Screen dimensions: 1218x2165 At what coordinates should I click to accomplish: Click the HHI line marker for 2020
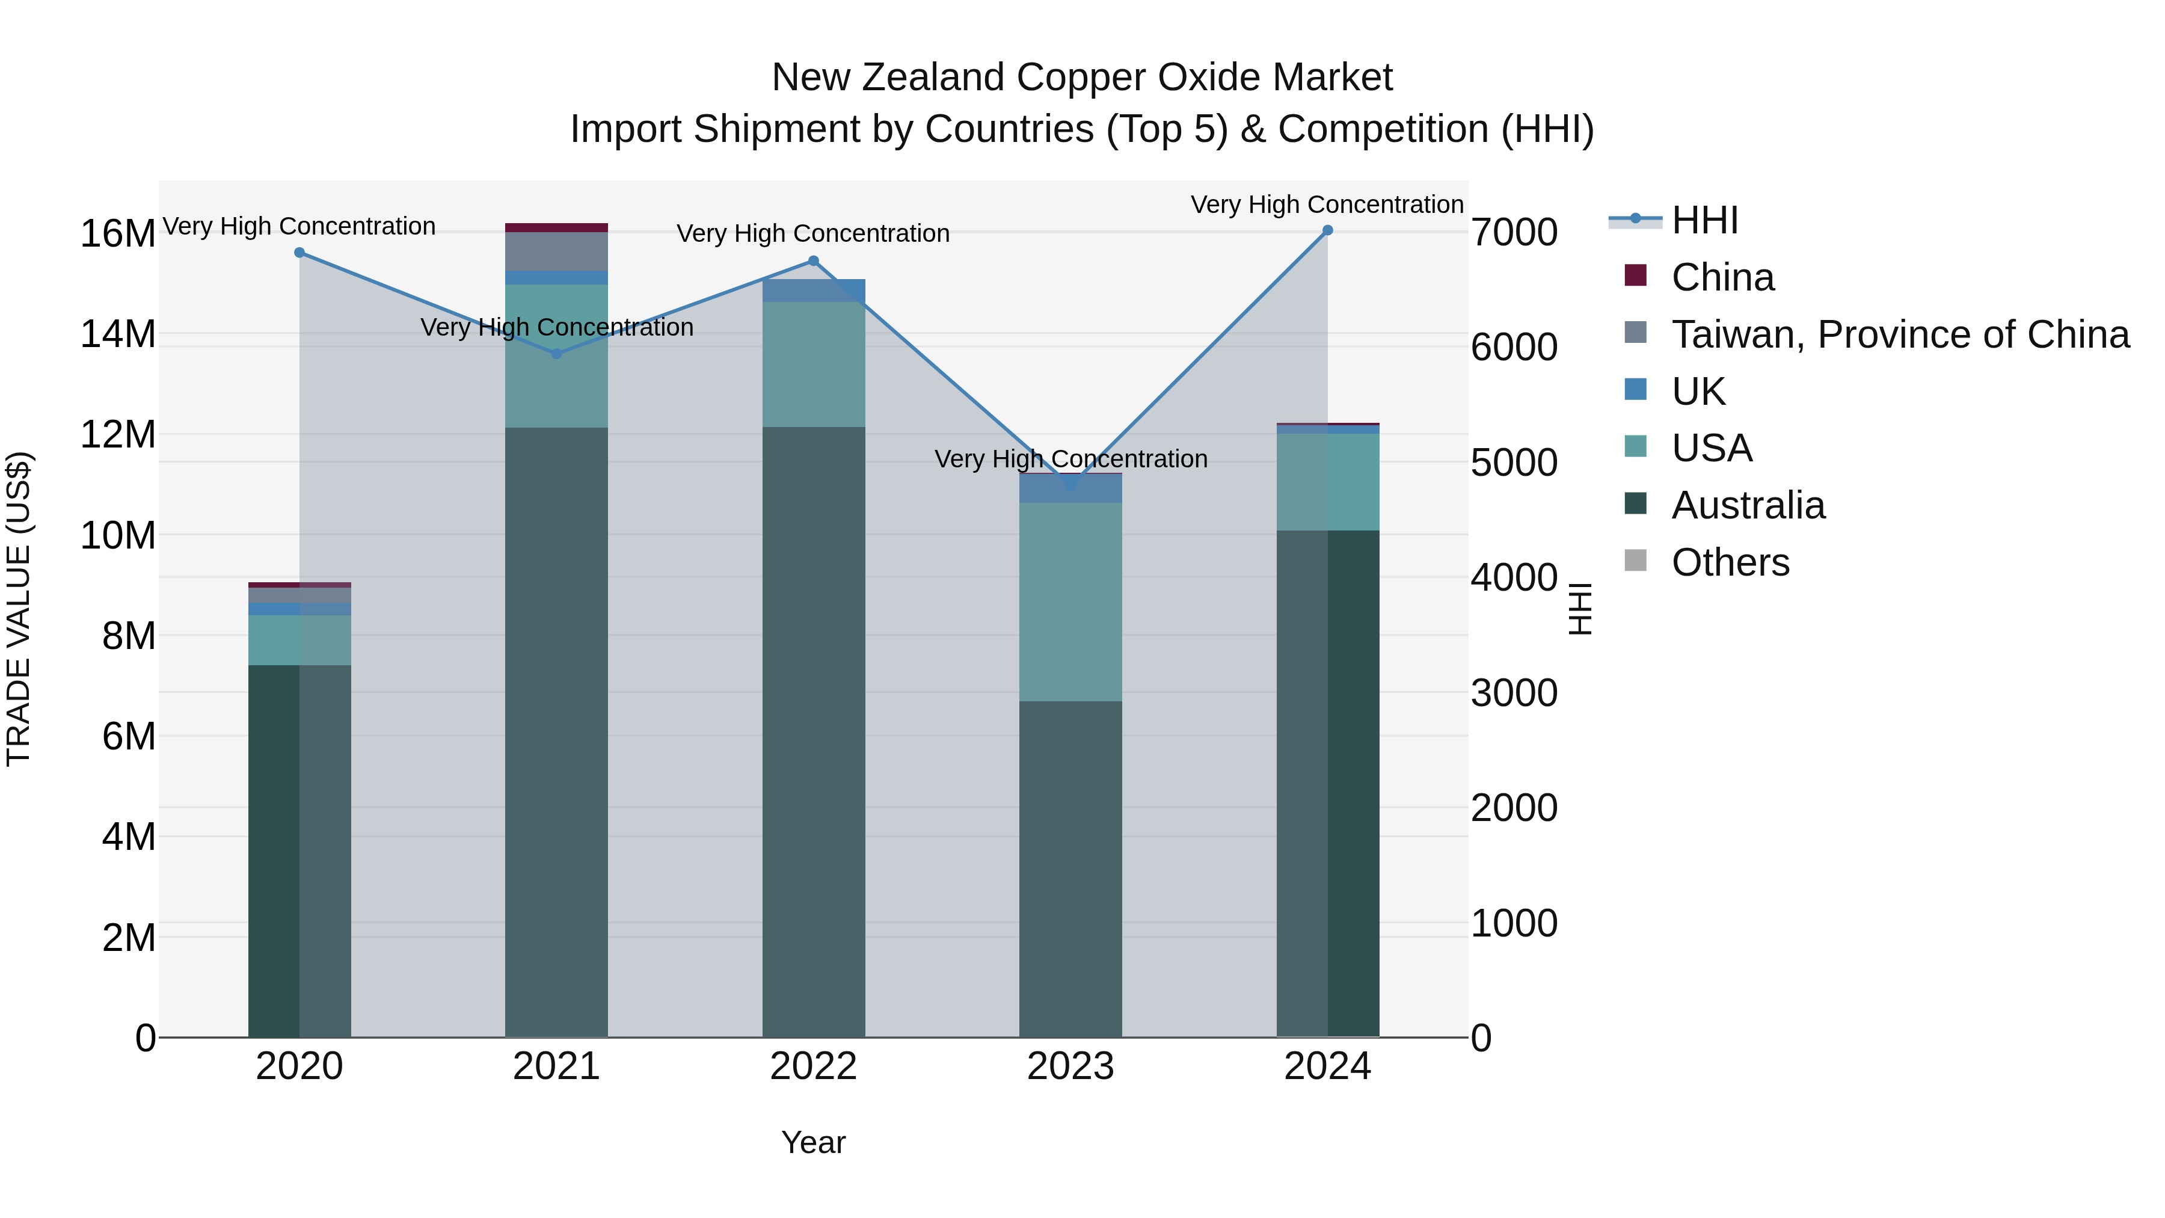click(x=299, y=252)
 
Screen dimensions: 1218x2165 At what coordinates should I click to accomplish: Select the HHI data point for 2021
click(x=556, y=354)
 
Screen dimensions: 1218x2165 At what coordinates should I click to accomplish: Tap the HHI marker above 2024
click(x=1327, y=230)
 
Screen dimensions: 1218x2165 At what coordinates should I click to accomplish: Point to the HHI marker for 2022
click(x=814, y=260)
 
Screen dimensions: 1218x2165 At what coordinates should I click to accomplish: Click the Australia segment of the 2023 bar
click(x=1070, y=866)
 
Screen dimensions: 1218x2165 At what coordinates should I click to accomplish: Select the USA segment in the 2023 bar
click(x=1070, y=601)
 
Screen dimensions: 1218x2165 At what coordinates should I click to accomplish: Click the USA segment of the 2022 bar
click(x=814, y=364)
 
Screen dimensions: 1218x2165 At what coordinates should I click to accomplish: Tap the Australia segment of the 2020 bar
click(x=299, y=849)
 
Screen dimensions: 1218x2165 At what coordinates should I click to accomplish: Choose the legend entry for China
click(x=1722, y=277)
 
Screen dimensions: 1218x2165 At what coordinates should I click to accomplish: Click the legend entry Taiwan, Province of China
click(x=1899, y=334)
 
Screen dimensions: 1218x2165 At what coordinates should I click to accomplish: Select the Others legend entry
click(x=1730, y=562)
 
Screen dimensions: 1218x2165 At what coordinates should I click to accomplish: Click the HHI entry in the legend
click(x=1704, y=220)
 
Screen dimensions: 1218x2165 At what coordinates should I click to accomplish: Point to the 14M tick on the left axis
click(x=118, y=334)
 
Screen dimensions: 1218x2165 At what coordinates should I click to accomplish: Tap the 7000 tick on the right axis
click(x=1514, y=233)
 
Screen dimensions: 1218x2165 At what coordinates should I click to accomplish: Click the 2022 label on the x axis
click(x=814, y=1066)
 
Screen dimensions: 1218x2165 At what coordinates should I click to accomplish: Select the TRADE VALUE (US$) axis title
click(x=19, y=609)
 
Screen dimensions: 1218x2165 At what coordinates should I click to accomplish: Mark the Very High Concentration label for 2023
click(x=1070, y=459)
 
